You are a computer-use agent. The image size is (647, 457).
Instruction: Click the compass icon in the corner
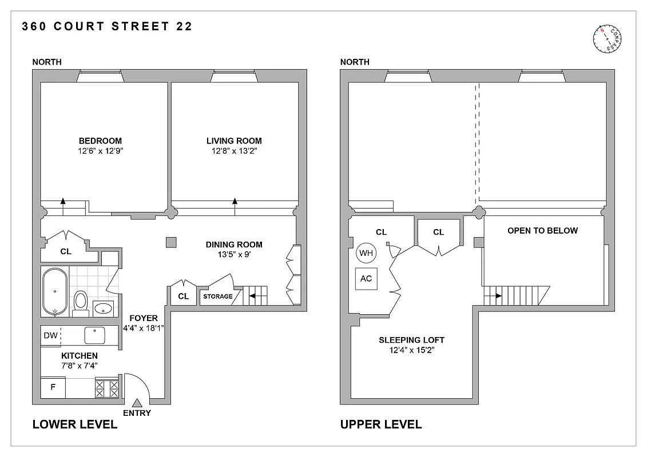[608, 40]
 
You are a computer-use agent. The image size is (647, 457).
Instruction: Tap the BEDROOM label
[100, 141]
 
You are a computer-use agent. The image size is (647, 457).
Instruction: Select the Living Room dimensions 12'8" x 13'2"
[234, 151]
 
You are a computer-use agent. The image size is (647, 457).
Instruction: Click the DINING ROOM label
[234, 244]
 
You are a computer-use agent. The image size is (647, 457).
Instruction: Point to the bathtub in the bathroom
[54, 291]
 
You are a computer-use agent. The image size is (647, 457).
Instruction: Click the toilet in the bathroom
[80, 300]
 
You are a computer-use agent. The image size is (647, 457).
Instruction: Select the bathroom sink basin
[104, 308]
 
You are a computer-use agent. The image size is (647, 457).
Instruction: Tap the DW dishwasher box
[50, 335]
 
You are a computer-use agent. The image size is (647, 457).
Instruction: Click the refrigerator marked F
[53, 387]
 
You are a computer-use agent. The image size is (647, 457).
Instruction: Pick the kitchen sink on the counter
[93, 335]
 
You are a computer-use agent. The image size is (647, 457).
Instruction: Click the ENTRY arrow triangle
[137, 403]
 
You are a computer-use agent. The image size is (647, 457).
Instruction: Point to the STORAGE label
[218, 296]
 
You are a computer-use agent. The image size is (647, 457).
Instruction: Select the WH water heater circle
[366, 252]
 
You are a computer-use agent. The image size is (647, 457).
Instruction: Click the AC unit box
[366, 279]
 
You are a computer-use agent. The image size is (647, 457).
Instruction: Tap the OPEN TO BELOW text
[542, 231]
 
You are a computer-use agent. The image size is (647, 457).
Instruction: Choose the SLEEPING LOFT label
[411, 340]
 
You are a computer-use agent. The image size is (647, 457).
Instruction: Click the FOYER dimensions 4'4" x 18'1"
[144, 328]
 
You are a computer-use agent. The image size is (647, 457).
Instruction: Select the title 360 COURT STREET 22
[106, 26]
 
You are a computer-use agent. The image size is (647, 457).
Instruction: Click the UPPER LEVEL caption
[380, 424]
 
